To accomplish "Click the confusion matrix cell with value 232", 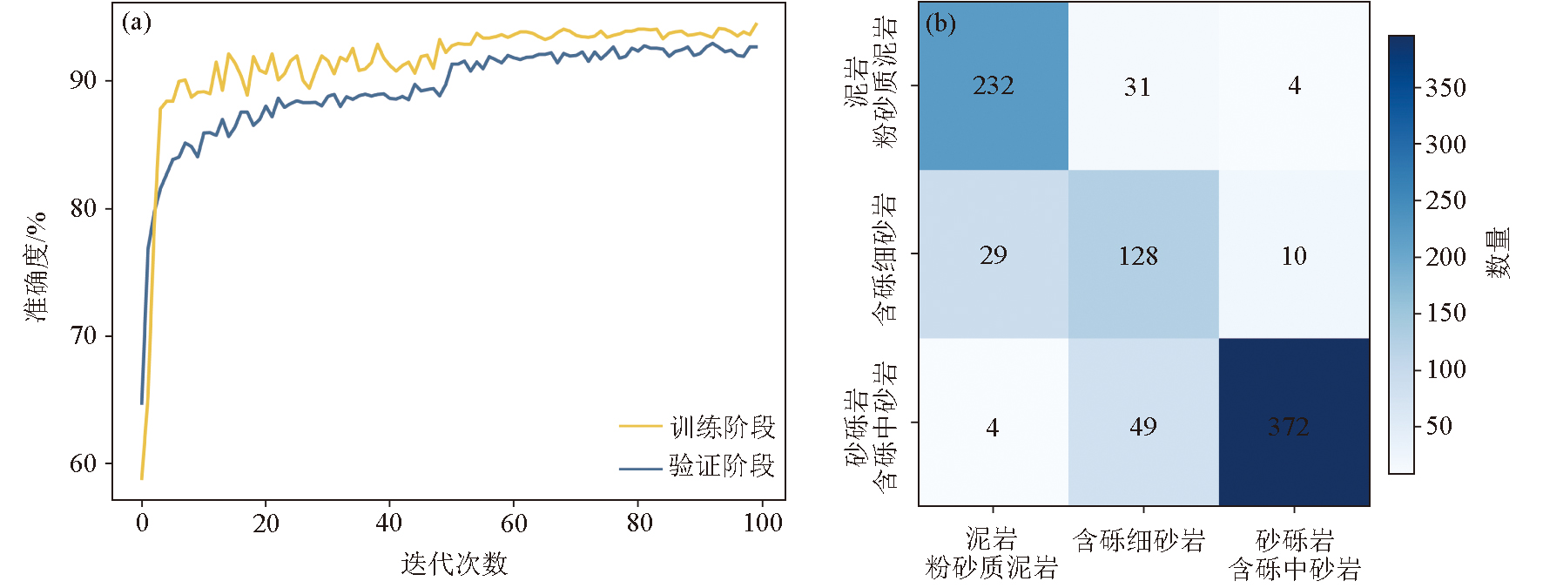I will tap(994, 86).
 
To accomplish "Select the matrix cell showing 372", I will tap(1293, 422).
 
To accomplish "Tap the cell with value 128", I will tap(1143, 254).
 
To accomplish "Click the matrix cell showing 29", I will tap(994, 254).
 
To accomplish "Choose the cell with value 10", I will tap(1294, 255).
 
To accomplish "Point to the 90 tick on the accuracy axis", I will tap(83, 80).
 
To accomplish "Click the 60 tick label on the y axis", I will tap(83, 463).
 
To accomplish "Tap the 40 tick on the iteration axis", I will tap(389, 523).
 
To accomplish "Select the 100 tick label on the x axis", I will tap(763, 523).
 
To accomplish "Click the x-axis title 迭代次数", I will tap(454, 564).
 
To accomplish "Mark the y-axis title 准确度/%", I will tap(37, 266).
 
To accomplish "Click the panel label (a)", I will tap(137, 22).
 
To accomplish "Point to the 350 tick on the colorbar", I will tap(1445, 88).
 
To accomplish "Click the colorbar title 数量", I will tap(1498, 253).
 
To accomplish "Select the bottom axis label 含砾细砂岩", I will tap(1139, 541).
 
